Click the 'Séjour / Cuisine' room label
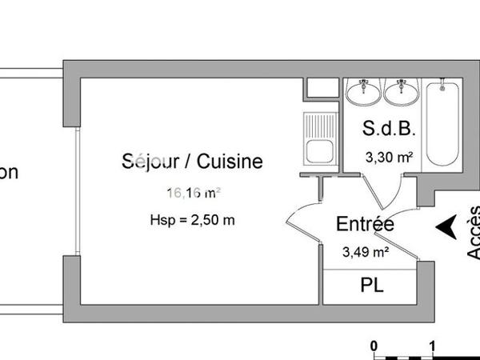click(x=192, y=162)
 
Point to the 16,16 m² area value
click(x=193, y=192)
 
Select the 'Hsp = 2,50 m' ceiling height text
click(x=192, y=220)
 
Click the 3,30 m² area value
click(x=389, y=158)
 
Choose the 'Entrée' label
click(x=365, y=225)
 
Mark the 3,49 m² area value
click(x=366, y=252)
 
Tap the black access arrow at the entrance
click(x=446, y=227)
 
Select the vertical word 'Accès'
click(x=473, y=232)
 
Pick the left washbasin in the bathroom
click(x=365, y=92)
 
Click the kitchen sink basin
click(x=321, y=153)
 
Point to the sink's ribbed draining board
click(x=321, y=126)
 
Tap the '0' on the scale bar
click(x=374, y=346)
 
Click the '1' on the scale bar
click(x=433, y=346)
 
